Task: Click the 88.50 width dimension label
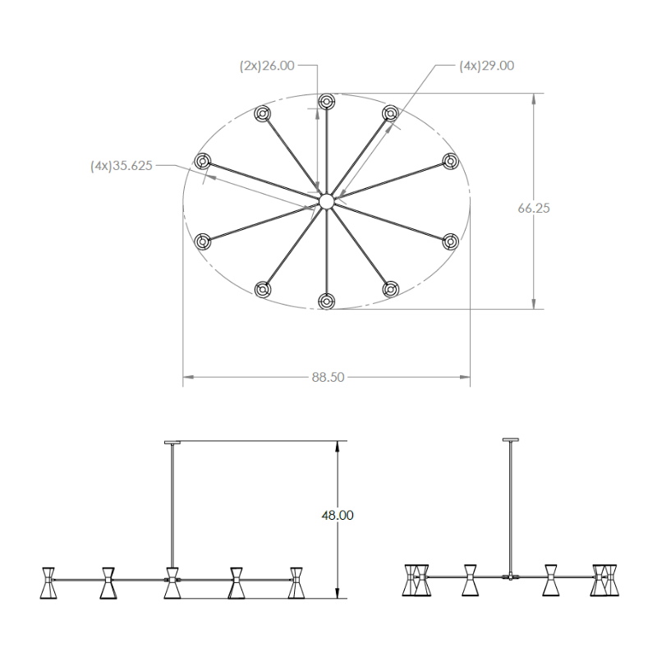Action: coord(328,377)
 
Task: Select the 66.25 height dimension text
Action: coord(533,208)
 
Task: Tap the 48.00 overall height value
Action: coord(338,515)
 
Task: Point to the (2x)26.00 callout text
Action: coord(267,66)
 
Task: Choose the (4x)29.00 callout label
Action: coord(486,66)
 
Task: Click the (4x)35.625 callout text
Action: coord(121,166)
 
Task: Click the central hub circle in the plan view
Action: coord(326,201)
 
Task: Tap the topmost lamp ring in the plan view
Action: coord(326,101)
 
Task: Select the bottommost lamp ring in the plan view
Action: coord(326,301)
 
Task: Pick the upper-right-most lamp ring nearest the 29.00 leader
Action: coord(390,113)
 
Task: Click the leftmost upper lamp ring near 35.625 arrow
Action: coord(203,161)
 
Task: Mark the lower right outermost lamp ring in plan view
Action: coord(450,241)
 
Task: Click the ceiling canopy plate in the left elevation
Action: coord(172,442)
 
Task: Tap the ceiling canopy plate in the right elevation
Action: coord(510,439)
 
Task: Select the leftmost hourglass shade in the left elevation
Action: coord(48,583)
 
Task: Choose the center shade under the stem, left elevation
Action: coord(172,583)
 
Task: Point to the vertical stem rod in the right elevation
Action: coord(510,508)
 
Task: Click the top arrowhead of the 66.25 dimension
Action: coord(533,98)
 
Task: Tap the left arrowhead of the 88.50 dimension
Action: coord(188,377)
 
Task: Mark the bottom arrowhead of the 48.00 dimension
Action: coord(338,593)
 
